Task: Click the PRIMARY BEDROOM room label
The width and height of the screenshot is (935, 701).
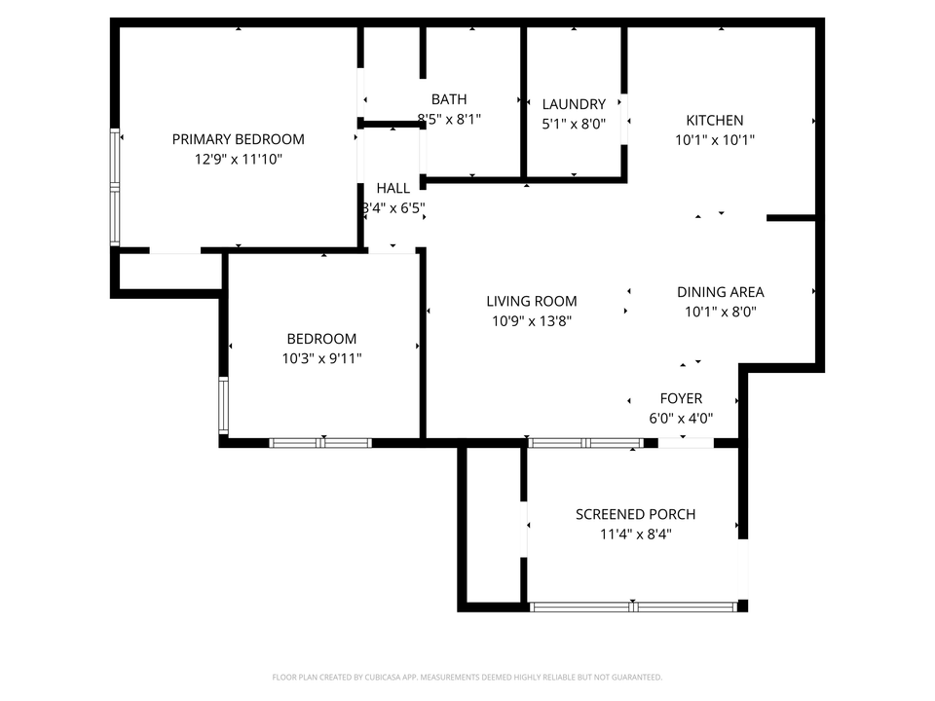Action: point(238,139)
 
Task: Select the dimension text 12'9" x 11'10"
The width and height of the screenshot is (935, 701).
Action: point(238,158)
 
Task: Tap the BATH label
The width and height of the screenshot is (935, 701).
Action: point(449,99)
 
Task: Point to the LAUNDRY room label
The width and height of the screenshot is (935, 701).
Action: point(574,104)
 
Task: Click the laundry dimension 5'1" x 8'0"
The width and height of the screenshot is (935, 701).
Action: point(574,124)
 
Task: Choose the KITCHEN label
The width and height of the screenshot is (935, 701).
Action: point(714,121)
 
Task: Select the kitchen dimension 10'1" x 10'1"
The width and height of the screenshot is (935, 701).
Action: point(714,139)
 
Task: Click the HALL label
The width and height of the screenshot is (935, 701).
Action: point(393,188)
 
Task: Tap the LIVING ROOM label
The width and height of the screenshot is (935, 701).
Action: point(532,302)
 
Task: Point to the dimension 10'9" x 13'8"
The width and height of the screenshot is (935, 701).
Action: point(532,320)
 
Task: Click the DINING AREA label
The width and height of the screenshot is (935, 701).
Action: point(720,292)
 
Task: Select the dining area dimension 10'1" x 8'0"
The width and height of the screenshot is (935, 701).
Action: point(720,312)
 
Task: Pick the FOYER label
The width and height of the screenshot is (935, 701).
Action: point(681,399)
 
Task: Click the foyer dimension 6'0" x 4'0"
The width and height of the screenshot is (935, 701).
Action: point(681,418)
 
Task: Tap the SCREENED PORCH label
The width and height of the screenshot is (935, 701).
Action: point(635,514)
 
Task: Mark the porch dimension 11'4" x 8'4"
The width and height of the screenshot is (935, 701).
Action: point(635,534)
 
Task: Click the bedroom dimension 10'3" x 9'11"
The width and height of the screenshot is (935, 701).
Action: point(321,358)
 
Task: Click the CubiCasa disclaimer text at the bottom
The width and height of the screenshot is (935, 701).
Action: point(467,677)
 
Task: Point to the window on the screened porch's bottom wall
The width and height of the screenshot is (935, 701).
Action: point(633,606)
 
